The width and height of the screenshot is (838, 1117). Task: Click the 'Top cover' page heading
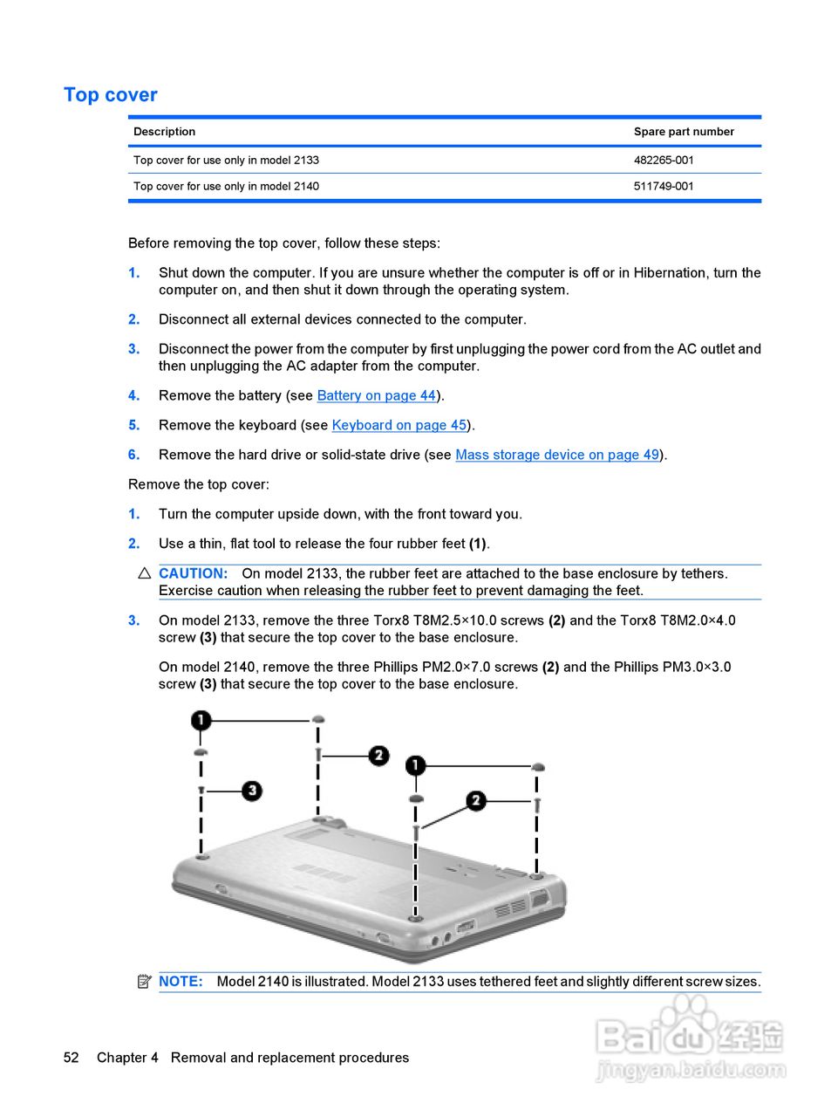[x=111, y=95]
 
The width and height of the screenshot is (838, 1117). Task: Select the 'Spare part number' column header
[x=684, y=132]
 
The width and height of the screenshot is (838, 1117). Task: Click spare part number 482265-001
[x=664, y=161]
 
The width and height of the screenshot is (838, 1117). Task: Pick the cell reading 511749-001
[x=664, y=187]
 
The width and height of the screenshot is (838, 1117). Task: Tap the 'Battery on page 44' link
[x=376, y=396]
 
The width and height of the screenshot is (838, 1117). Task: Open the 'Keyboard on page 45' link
[x=399, y=426]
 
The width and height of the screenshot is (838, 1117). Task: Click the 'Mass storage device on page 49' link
[x=557, y=456]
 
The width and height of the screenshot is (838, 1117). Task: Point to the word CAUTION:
[x=193, y=574]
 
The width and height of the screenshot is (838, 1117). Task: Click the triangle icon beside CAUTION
[x=145, y=574]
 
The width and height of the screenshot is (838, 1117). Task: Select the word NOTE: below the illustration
[x=181, y=982]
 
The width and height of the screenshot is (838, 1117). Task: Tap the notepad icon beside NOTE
[x=145, y=982]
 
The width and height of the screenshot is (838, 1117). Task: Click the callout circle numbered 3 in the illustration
[x=252, y=791]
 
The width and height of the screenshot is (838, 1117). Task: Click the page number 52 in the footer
[x=71, y=1058]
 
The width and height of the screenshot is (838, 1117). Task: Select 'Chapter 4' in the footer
[x=127, y=1058]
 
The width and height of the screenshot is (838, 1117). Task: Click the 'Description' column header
[x=164, y=132]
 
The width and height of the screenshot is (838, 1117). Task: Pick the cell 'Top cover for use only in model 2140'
[x=226, y=187]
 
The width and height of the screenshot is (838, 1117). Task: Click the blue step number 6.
[x=133, y=456]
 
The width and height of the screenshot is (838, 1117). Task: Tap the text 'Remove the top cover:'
[x=199, y=485]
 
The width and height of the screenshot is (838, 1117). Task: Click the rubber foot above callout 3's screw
[x=201, y=751]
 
